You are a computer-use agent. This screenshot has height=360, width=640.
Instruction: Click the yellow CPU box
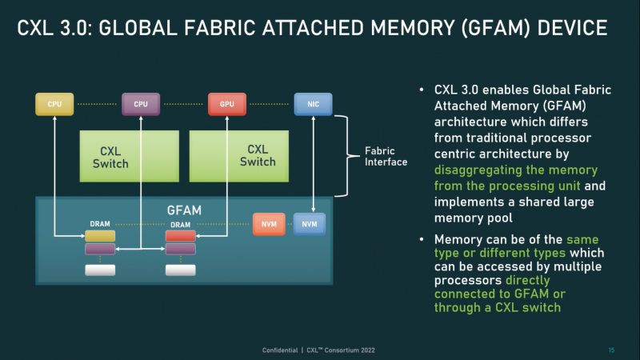click(54, 103)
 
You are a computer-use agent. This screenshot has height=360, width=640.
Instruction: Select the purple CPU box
click(141, 103)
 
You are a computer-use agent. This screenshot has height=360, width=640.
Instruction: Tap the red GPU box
click(226, 103)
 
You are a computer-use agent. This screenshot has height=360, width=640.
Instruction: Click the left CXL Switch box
click(129, 156)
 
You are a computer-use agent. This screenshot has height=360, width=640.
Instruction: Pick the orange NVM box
click(269, 224)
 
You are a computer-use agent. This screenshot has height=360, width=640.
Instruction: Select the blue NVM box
click(309, 224)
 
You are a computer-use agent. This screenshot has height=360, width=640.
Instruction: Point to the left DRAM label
click(101, 225)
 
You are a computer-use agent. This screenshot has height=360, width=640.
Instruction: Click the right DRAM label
click(181, 225)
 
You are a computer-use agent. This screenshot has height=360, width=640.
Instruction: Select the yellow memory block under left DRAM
click(101, 236)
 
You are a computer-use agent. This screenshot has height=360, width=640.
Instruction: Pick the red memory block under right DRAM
click(181, 236)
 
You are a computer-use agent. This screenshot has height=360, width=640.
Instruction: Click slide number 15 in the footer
click(611, 350)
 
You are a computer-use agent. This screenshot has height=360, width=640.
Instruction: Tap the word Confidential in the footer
click(281, 350)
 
